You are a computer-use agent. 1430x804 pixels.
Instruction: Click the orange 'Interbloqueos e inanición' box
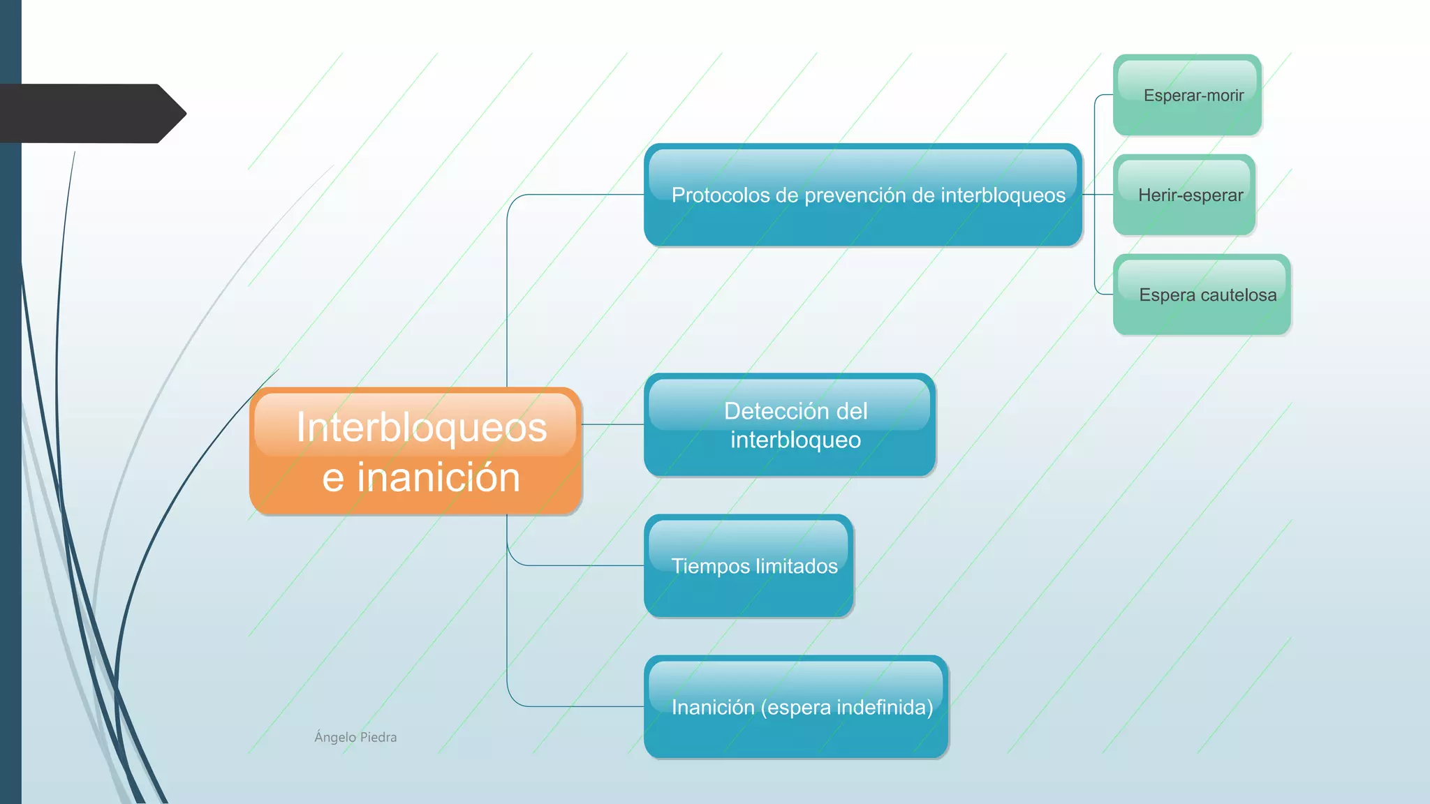pyautogui.click(x=415, y=452)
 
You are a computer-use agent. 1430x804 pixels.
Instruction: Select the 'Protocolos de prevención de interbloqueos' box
pyautogui.click(x=863, y=195)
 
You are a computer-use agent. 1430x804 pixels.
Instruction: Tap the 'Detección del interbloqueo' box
pyautogui.click(x=790, y=425)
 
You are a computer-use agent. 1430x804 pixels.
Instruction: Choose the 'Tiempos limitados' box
pyautogui.click(x=749, y=566)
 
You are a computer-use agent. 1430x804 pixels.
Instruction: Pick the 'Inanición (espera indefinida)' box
pyautogui.click(x=796, y=707)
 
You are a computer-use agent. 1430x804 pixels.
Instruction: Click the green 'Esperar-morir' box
pyautogui.click(x=1187, y=95)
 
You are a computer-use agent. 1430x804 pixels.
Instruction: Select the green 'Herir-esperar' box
pyautogui.click(x=1184, y=195)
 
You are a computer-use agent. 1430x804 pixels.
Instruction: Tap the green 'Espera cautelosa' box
pyautogui.click(x=1202, y=295)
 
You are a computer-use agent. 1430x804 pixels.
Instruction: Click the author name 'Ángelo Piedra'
pyautogui.click(x=355, y=737)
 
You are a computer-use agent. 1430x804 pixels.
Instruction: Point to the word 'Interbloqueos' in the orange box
pyautogui.click(x=422, y=427)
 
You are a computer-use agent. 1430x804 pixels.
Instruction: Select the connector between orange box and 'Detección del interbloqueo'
pyautogui.click(x=613, y=424)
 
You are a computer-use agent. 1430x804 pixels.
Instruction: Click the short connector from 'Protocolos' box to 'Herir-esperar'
pyautogui.click(x=1098, y=195)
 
